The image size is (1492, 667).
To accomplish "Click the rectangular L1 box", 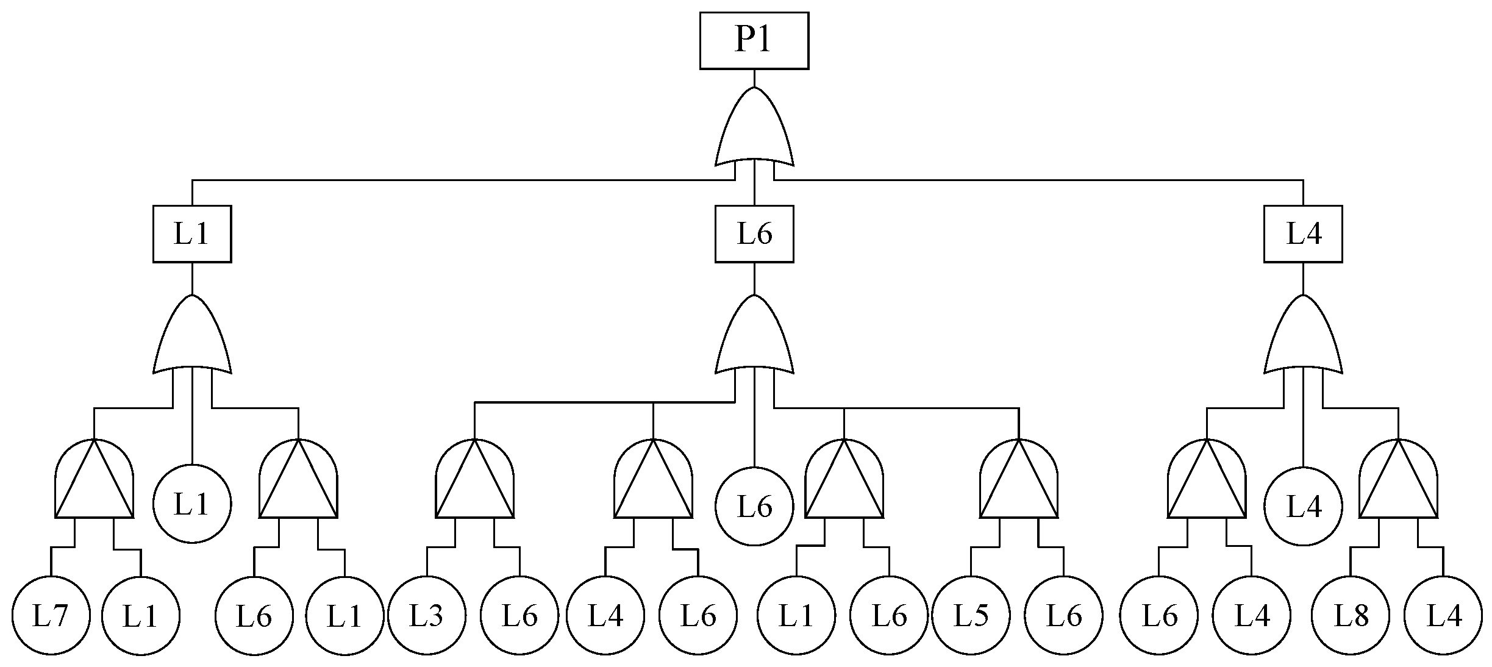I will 192,234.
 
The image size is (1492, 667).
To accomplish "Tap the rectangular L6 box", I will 754,234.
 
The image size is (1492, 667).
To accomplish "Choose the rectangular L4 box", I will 1303,234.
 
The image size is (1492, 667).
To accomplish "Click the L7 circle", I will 51,616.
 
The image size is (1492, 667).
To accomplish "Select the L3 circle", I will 427,616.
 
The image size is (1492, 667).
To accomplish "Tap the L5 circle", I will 971,616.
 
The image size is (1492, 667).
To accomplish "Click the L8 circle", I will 1351,616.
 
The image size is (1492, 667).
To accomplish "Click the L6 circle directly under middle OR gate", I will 754,506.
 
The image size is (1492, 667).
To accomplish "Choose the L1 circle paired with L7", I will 141,616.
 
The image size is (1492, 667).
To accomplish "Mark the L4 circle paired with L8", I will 1443,616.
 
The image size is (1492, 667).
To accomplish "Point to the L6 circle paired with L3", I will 519,616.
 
